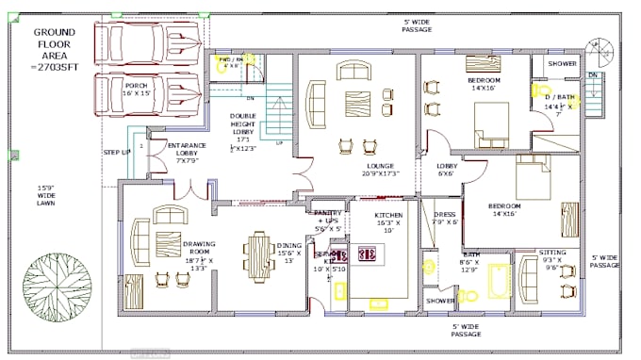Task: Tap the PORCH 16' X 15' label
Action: [137, 89]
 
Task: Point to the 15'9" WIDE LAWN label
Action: [47, 196]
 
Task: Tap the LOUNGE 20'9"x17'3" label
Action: [380, 171]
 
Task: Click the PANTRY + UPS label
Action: [328, 220]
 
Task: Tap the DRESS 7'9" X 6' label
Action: [444, 218]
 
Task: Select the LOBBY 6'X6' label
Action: [447, 170]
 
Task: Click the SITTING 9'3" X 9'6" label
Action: [552, 259]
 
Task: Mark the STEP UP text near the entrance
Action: [116, 152]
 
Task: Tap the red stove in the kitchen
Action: [369, 254]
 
